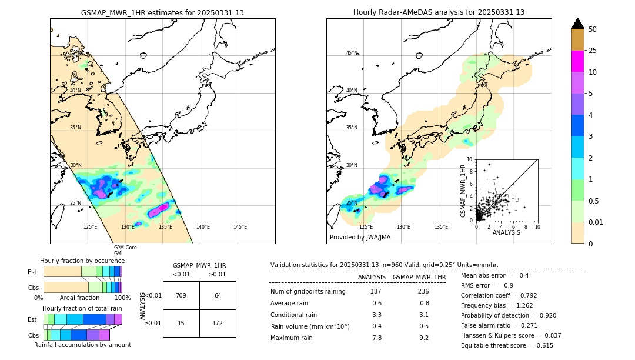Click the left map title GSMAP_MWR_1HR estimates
(x=162, y=12)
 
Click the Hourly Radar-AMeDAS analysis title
(x=439, y=12)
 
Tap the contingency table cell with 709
(x=181, y=295)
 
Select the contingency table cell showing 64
(x=218, y=295)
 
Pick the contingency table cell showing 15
(x=181, y=323)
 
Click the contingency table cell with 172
(x=218, y=323)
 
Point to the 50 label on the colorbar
(x=593, y=29)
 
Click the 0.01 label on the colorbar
(x=596, y=222)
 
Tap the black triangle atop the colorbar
(x=578, y=24)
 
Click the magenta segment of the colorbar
(x=578, y=61)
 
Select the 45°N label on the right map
(x=352, y=54)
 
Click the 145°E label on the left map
(x=240, y=227)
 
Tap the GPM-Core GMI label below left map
(x=125, y=251)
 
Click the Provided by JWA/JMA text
(x=360, y=238)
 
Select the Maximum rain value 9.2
(x=423, y=338)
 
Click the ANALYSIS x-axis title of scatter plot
(x=506, y=232)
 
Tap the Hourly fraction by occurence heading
(x=82, y=261)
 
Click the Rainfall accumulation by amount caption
(x=82, y=345)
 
